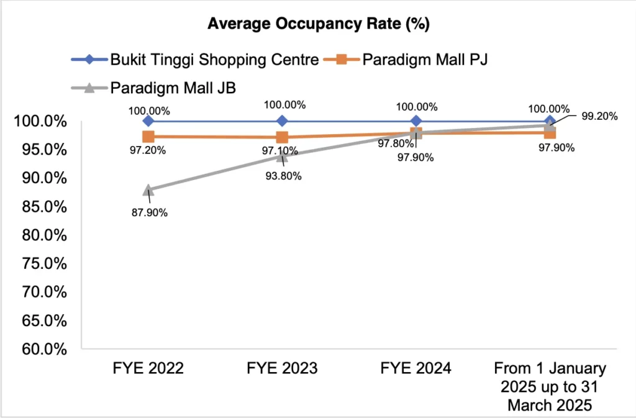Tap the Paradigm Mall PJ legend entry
point(422,60)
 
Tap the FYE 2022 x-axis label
point(148,368)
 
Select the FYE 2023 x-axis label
point(282,368)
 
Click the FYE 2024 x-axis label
point(416,368)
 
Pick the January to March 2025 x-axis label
point(550,385)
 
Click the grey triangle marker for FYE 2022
point(148,189)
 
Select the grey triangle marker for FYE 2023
point(282,156)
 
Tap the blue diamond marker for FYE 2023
point(282,120)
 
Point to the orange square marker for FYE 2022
point(148,137)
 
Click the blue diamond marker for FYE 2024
point(416,120)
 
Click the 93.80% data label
point(282,176)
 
